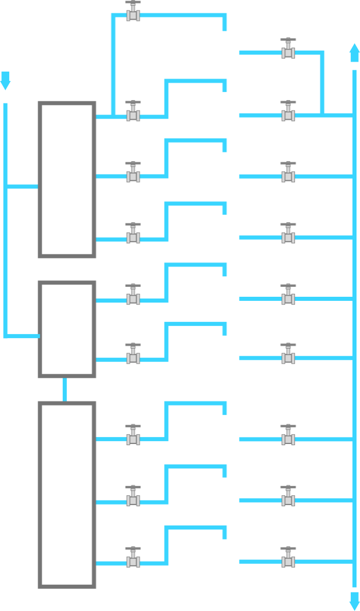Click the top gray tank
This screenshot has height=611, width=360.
67,179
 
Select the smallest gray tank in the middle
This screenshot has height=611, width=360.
67,329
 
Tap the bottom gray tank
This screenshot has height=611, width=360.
67,495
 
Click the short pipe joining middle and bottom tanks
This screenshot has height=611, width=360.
65,389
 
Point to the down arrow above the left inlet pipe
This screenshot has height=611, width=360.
5,81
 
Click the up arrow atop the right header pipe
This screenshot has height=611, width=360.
354,52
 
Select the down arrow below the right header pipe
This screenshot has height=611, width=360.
354,601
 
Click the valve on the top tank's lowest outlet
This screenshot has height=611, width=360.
133,235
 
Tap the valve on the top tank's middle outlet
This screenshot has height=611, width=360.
133,173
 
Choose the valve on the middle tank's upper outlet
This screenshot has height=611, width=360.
133,296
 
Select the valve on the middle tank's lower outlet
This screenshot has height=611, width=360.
133,355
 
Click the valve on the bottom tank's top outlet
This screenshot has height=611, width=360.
133,436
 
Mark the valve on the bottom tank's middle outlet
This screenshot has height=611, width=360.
133,498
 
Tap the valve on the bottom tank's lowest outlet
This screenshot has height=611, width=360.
133,559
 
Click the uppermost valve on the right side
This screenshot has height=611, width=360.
288,49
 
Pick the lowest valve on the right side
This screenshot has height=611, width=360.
288,559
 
